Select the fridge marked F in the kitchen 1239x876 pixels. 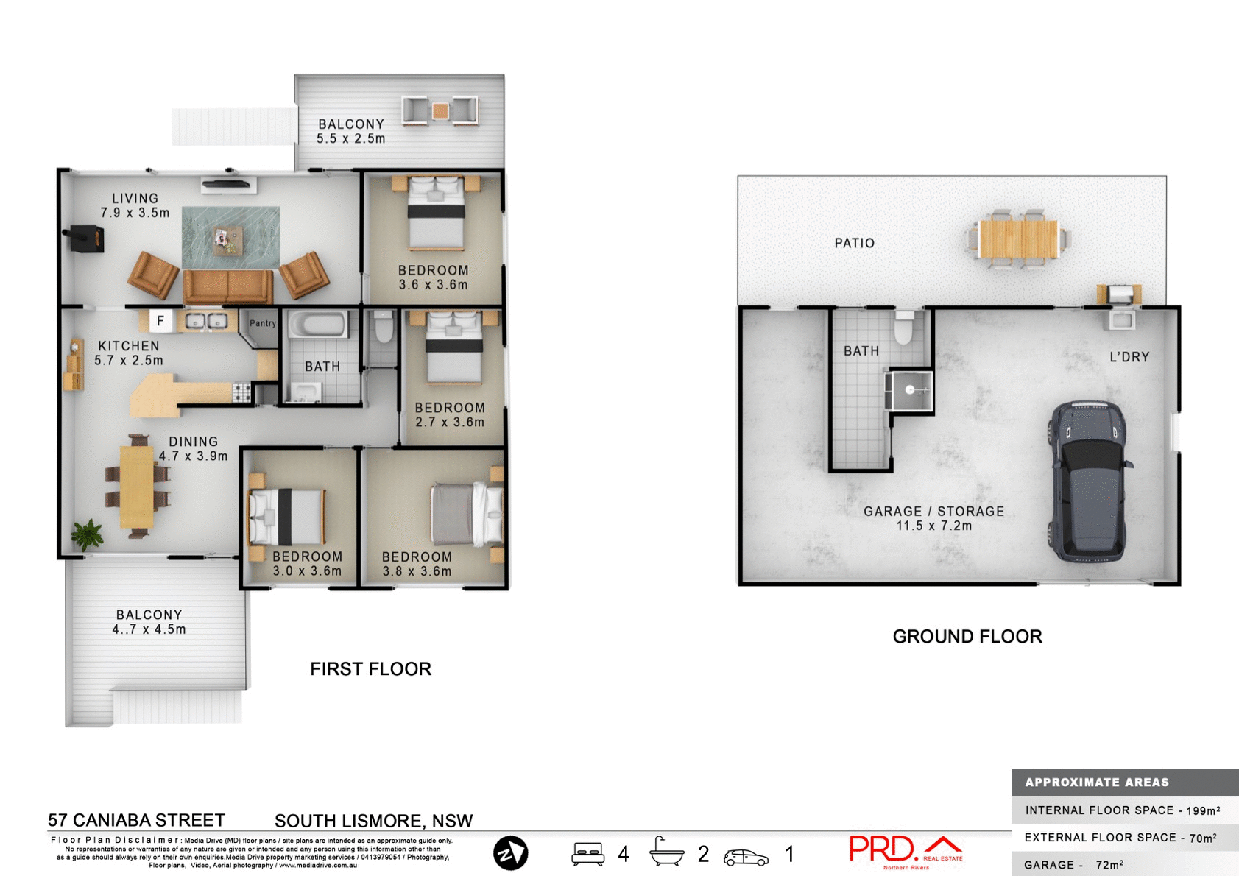pos(160,321)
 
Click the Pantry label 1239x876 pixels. pos(262,323)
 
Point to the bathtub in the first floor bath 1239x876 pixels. pos(317,325)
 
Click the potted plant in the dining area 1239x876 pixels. pos(88,534)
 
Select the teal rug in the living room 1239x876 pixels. pos(230,237)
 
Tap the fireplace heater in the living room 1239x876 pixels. pos(87,239)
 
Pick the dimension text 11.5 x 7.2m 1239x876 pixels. pos(933,526)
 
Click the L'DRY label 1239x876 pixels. pos(1129,357)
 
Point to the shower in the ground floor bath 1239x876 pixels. pos(910,390)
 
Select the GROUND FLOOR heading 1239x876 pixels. pos(967,636)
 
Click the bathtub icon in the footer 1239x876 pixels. pos(666,852)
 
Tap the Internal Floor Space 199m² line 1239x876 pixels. pos(1122,810)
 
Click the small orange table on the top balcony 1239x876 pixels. pos(440,111)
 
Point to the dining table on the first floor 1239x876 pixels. pos(137,487)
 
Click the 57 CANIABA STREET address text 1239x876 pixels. pos(136,820)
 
